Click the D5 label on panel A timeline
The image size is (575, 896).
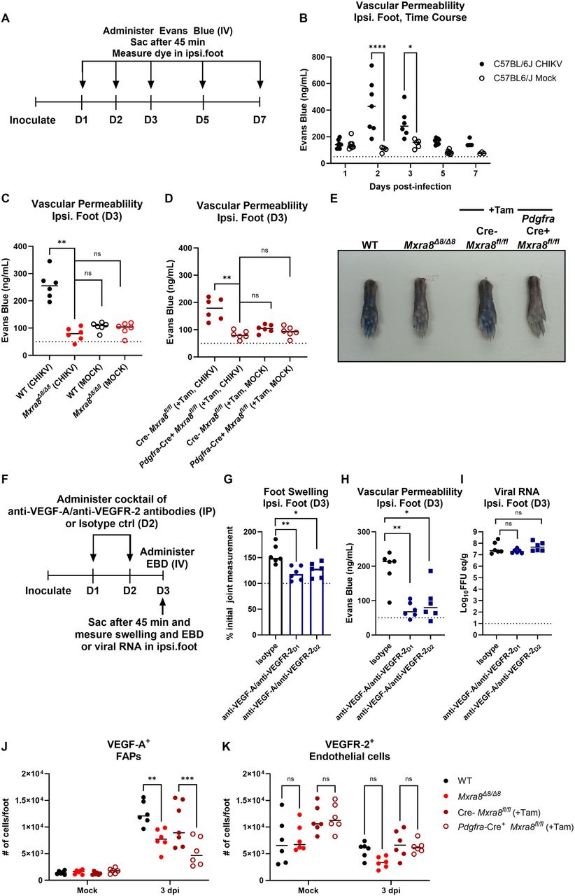tap(202, 120)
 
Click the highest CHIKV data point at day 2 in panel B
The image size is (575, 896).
tap(371, 66)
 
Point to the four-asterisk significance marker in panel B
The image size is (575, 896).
tap(378, 47)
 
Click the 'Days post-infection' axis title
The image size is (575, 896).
tap(410, 186)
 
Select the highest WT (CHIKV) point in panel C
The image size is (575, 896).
tap(50, 261)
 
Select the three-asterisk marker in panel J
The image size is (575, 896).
tap(187, 778)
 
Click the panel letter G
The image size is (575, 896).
tap(228, 479)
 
